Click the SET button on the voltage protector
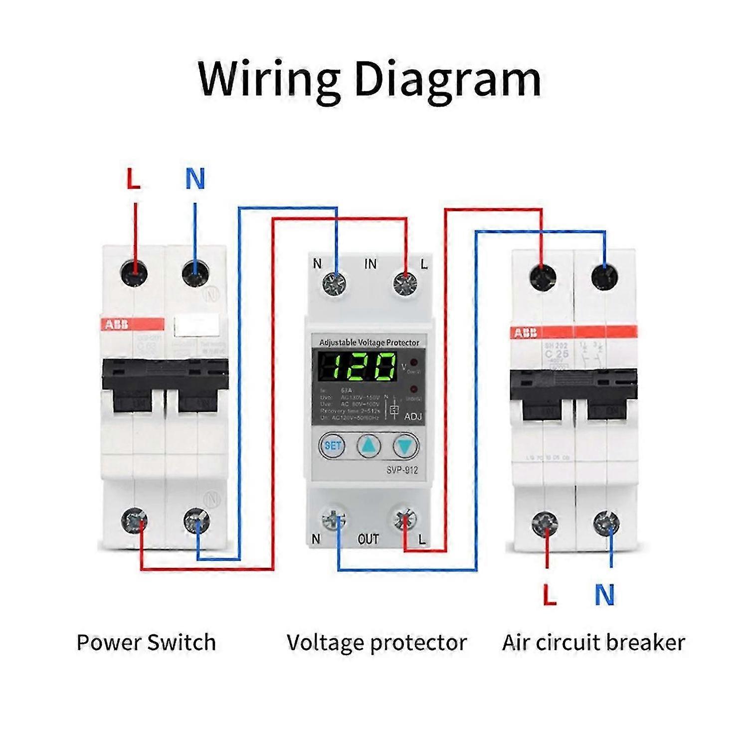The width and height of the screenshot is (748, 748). coord(332,445)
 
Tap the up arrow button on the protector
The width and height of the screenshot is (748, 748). coord(369,445)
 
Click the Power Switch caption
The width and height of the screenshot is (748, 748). coord(146,642)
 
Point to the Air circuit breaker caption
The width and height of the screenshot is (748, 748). coord(593,642)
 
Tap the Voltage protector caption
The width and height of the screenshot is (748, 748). coord(376,642)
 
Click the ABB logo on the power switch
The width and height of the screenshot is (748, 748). coord(116,325)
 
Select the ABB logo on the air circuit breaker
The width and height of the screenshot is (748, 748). coord(526,333)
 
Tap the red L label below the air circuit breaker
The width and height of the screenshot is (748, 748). coord(549,595)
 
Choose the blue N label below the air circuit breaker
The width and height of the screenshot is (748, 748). coord(604,595)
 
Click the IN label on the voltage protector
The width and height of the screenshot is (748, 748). coord(370,264)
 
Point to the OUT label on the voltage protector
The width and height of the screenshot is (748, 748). coord(369,539)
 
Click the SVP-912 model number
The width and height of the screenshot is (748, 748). coord(402,470)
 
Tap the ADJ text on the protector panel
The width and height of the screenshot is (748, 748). coord(413,416)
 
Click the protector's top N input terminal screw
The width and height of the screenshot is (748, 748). coord(334,285)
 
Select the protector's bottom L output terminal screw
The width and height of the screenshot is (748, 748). coord(405,520)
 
